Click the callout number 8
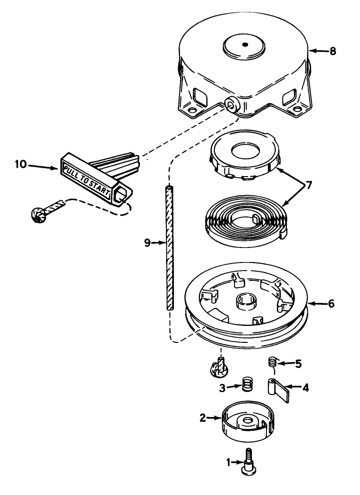[333, 51]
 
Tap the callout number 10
[21, 164]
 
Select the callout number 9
[147, 243]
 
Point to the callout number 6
[331, 304]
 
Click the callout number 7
[308, 186]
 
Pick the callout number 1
[228, 463]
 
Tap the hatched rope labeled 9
[170, 248]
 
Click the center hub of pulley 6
[246, 301]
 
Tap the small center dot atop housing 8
[245, 44]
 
